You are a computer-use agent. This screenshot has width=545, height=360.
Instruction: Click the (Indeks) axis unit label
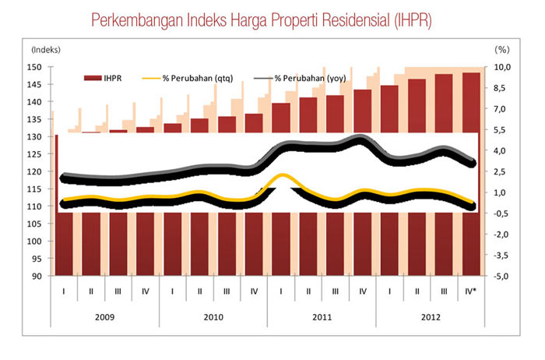coord(45,50)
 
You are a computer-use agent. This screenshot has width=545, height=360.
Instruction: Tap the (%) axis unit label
coord(501,50)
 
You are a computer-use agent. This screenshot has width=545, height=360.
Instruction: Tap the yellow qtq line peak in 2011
coord(282,176)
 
